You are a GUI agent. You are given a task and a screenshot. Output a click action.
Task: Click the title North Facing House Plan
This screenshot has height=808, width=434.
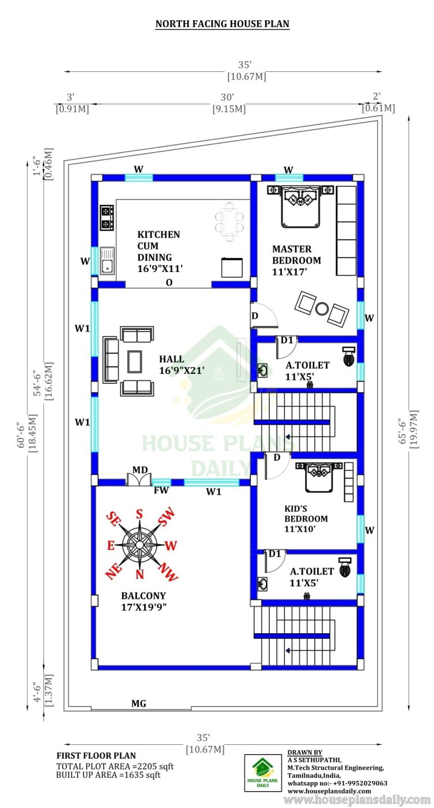[x=222, y=24]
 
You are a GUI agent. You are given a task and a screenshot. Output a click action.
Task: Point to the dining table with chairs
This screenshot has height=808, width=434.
[x=229, y=222]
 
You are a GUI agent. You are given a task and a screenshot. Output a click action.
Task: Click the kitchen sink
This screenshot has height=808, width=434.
[x=107, y=260]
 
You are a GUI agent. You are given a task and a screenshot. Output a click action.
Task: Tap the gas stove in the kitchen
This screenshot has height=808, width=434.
[x=107, y=218]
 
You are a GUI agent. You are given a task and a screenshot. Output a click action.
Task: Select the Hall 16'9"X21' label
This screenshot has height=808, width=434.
[x=182, y=364]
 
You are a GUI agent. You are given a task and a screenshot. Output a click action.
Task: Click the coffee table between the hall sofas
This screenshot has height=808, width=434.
[x=135, y=361]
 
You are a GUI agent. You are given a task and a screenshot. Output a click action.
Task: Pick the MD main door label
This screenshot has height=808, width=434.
[x=140, y=469]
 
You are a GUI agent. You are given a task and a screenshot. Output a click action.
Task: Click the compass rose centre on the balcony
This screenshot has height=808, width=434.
[x=139, y=544]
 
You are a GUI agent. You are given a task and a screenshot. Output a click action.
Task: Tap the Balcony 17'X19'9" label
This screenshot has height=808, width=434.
[x=144, y=601]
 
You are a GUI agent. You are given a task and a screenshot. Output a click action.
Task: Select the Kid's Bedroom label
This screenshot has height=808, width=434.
[x=306, y=519]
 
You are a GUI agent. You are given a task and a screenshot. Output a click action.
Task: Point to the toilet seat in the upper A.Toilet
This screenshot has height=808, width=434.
[x=348, y=357]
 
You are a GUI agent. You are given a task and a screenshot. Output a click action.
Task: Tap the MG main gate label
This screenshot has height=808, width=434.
[x=139, y=703]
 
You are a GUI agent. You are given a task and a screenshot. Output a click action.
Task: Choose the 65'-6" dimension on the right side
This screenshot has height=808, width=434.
[x=403, y=431]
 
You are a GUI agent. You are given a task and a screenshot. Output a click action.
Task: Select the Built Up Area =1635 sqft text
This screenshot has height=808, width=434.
[x=108, y=774]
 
